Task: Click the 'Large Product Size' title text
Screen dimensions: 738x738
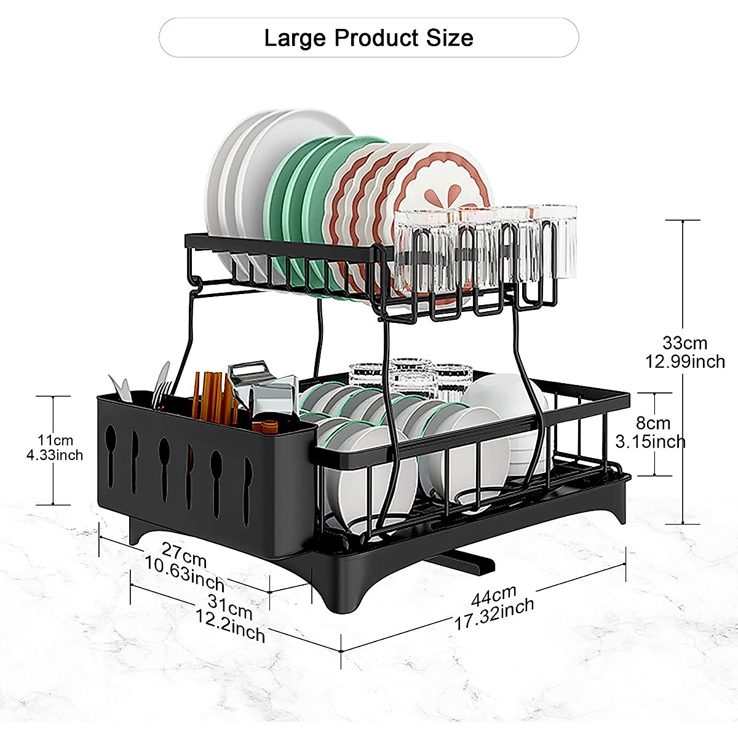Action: coord(368,38)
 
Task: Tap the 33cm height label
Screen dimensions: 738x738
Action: coord(684,343)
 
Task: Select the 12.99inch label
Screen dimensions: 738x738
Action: coord(684,361)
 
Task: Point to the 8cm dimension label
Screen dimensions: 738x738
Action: coord(653,423)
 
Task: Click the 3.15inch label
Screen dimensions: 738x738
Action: coord(650,442)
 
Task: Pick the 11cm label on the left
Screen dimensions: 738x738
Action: coord(55,440)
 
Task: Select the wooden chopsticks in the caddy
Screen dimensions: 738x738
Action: coord(209,394)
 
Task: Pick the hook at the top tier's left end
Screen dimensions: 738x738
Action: coord(195,283)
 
